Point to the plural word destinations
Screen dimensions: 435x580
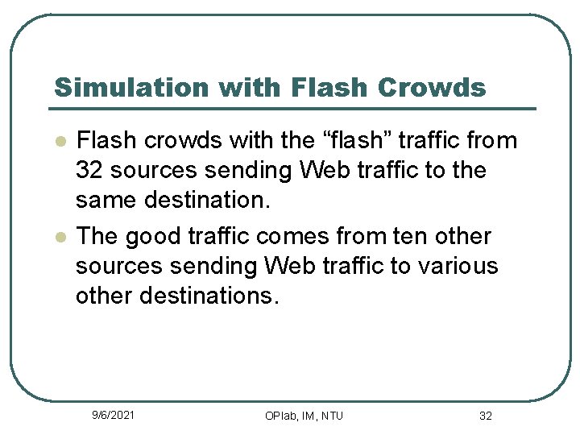click(x=209, y=296)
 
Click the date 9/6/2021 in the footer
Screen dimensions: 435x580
click(x=114, y=415)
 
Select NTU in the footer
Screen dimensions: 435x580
click(x=330, y=416)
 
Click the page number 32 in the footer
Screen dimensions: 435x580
click(x=486, y=416)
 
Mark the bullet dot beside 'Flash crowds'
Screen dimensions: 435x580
click(x=59, y=141)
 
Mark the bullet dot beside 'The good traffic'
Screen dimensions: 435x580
click(x=59, y=237)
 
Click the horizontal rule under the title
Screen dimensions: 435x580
click(x=293, y=109)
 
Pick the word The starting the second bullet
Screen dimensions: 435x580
click(x=97, y=237)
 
